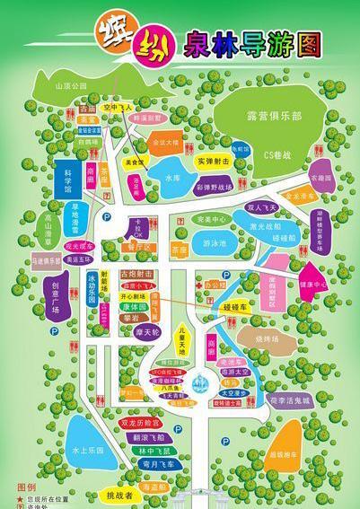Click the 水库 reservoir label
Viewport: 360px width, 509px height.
[x=172, y=178]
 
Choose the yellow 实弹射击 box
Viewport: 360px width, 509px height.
[x=214, y=161]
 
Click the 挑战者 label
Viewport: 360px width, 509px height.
[x=120, y=494]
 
